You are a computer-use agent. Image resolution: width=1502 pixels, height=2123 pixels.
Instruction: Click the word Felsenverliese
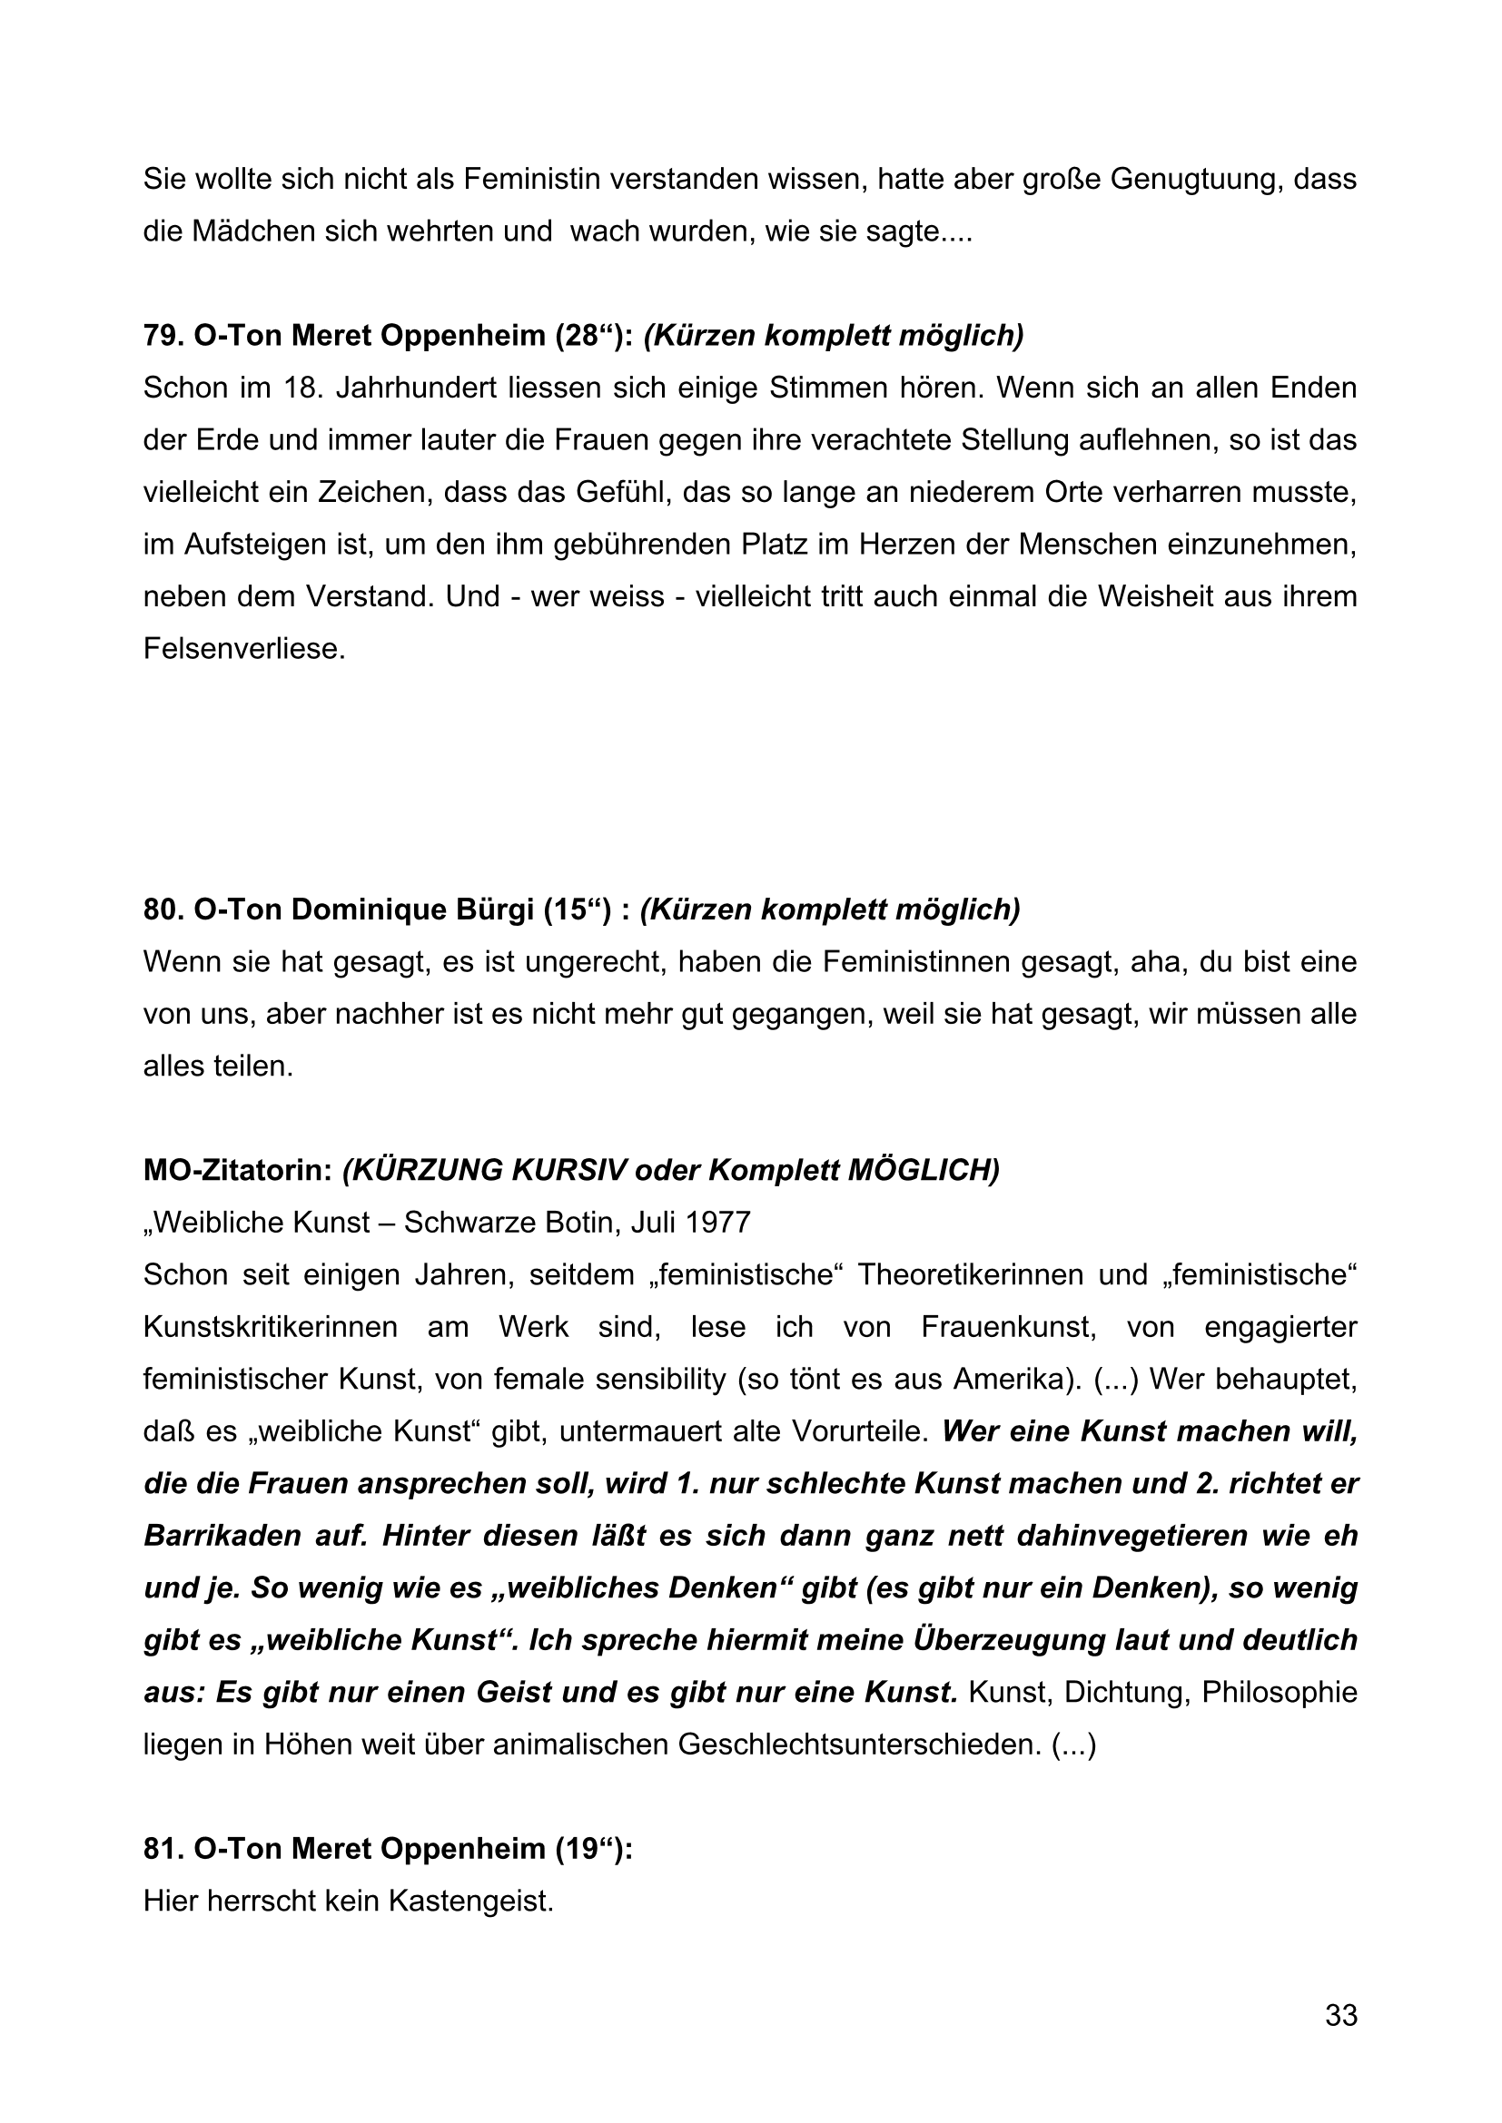click(x=243, y=649)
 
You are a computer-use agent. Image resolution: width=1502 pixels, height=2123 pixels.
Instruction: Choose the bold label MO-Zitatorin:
click(x=238, y=1171)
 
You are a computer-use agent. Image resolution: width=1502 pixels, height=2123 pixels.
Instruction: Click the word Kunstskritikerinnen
click(x=270, y=1328)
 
